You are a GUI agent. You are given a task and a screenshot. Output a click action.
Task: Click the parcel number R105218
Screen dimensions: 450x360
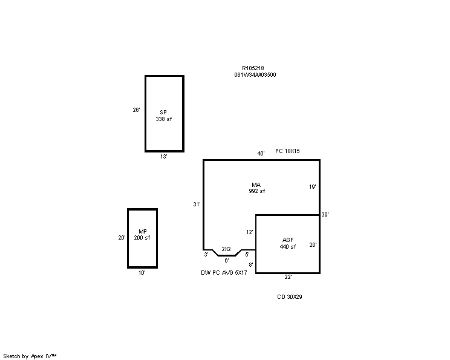(x=253, y=68)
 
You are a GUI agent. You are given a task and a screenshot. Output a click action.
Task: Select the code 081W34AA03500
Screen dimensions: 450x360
(x=255, y=75)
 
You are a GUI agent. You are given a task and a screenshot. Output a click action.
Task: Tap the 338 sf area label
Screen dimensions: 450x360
(x=163, y=119)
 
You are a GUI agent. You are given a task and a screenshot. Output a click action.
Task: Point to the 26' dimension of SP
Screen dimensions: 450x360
(x=136, y=110)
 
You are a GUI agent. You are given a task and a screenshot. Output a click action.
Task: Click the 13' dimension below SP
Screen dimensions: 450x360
(x=163, y=157)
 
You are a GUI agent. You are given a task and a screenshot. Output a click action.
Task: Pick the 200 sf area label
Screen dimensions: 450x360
(x=142, y=238)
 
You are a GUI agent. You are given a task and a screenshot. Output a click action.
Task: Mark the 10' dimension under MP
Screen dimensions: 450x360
(x=142, y=273)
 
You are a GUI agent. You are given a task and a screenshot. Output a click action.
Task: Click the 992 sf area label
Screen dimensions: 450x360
(x=257, y=191)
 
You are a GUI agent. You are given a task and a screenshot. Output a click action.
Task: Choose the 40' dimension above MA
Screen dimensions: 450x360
(x=261, y=154)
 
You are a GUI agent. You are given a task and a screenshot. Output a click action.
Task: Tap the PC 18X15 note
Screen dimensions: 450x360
(x=287, y=151)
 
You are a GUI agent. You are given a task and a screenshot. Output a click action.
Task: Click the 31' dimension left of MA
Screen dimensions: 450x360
(x=197, y=205)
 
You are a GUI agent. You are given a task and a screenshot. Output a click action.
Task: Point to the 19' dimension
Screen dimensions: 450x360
(x=313, y=187)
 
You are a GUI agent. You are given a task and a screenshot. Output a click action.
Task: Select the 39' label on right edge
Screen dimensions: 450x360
(x=325, y=215)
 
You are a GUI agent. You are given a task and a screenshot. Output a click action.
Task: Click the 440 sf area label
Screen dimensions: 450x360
(x=287, y=247)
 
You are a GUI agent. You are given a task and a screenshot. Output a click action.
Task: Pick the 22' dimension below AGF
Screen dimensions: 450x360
(x=288, y=277)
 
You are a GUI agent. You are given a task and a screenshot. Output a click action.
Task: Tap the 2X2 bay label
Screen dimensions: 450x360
(x=226, y=249)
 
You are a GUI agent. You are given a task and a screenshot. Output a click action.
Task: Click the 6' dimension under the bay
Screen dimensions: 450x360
(x=227, y=261)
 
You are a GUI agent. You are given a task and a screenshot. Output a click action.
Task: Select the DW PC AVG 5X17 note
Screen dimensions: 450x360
(x=224, y=273)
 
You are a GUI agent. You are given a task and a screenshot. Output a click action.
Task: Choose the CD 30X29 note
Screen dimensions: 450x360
(x=290, y=297)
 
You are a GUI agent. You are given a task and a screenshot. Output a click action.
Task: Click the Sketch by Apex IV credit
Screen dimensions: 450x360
(x=30, y=356)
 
